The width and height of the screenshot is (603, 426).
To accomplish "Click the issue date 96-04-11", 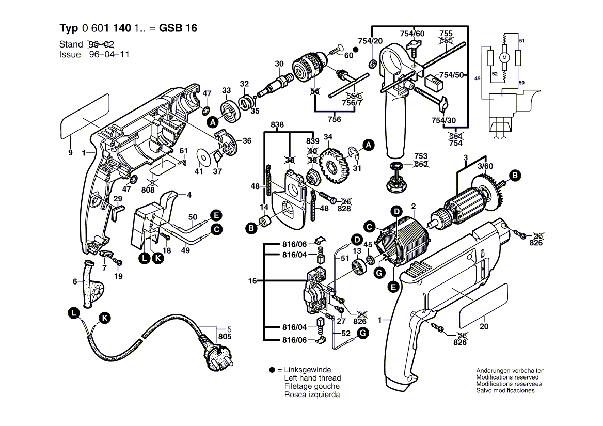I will [109, 54].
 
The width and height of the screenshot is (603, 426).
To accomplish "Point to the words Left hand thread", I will [312, 378].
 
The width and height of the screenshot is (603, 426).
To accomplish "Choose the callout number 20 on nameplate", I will [483, 326].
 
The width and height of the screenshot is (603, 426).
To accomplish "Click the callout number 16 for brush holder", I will [252, 281].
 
